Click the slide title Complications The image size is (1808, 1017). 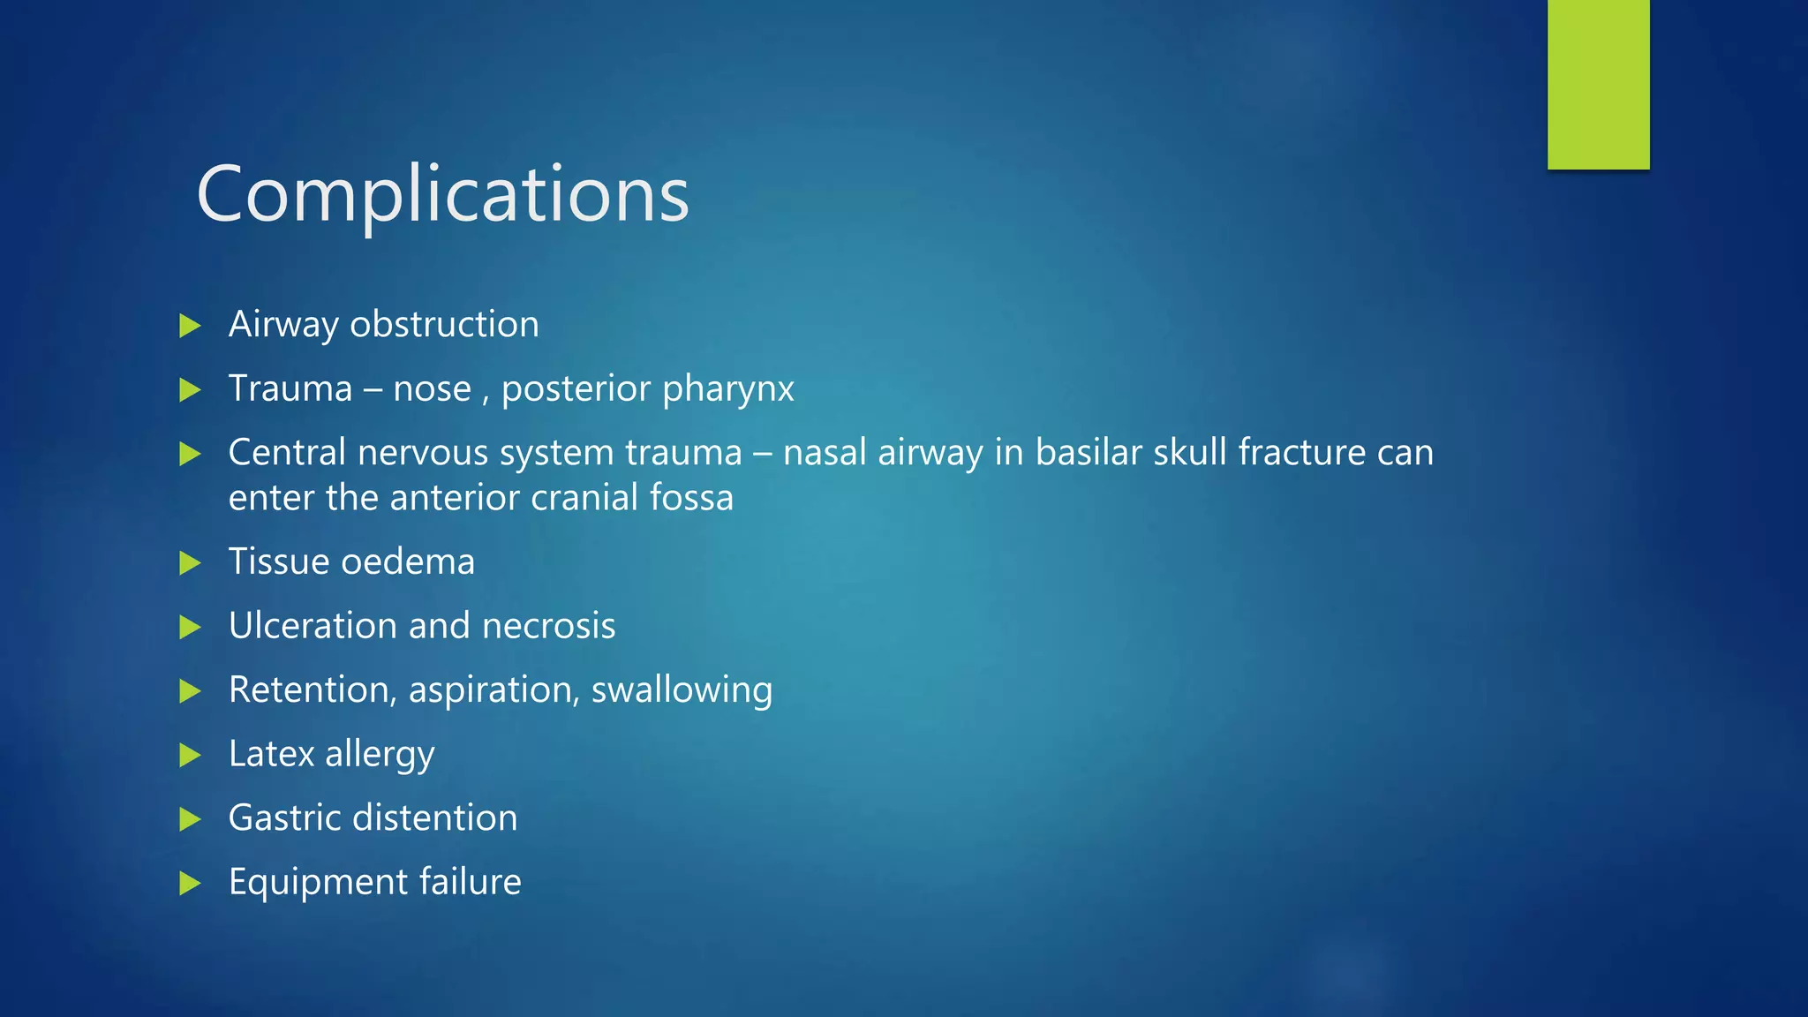(x=442, y=193)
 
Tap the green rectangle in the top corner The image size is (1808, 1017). (x=1598, y=84)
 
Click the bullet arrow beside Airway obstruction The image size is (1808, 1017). (x=190, y=326)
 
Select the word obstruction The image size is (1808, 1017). (x=444, y=324)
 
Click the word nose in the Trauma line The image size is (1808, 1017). (x=432, y=388)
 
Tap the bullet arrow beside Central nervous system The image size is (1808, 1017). (x=190, y=455)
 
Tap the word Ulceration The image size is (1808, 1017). (x=313, y=625)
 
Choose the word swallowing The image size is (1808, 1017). (x=682, y=690)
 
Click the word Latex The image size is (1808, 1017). (x=271, y=754)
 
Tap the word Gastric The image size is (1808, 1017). (x=284, y=818)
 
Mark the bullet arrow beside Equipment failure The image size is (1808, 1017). (x=190, y=883)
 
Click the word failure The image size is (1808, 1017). (x=470, y=881)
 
